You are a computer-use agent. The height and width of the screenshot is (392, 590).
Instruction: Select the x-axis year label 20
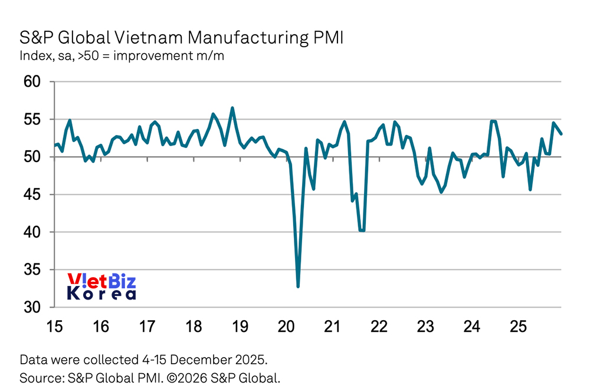286,325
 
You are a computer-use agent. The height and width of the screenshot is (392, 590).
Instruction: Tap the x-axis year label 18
192,325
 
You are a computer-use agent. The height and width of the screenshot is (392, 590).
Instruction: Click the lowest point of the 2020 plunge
298,286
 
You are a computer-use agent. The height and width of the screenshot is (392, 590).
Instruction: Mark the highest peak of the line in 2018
232,108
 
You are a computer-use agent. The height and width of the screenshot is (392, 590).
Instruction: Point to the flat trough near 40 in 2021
362,230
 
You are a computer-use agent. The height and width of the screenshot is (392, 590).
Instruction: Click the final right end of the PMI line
561,134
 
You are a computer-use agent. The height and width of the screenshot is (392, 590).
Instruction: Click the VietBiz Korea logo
101,286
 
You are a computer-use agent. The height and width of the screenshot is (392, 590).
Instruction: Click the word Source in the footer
37,377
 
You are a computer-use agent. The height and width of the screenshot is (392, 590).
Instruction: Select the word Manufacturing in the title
242,38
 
